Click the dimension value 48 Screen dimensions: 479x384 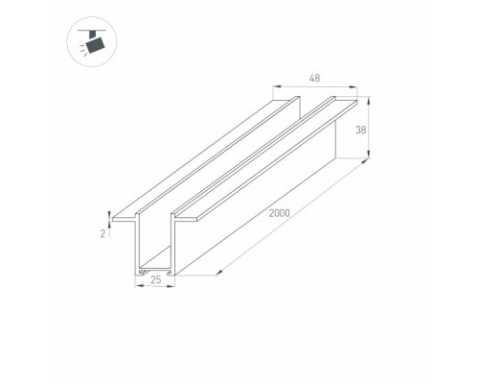314,78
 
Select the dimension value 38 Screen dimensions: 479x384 361,130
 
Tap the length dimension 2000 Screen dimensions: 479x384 280,213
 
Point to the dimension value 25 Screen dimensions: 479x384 156,280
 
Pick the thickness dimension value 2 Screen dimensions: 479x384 103,234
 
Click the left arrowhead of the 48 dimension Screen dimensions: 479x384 277,86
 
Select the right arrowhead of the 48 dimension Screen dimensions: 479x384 354,86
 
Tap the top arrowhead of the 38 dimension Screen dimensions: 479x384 369,100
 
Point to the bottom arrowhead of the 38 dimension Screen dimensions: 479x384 369,155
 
